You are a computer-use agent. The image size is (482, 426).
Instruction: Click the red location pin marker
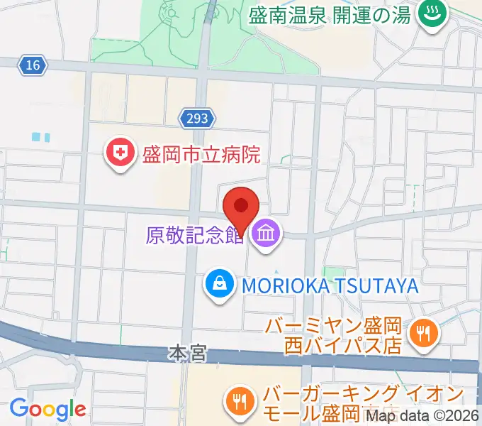coord(241,207)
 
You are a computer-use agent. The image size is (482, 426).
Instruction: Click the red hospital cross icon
coord(121,154)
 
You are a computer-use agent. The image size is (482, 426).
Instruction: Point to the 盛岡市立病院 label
coord(201,154)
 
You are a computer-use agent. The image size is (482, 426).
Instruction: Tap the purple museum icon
coord(267,232)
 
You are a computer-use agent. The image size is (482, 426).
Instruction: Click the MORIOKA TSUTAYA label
coord(329,285)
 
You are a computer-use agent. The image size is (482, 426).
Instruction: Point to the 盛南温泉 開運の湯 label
coord(330,15)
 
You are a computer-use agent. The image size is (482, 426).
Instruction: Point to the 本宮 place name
coord(188,352)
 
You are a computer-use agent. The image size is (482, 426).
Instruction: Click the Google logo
coord(47,409)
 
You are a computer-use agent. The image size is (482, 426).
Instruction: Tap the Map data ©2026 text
coord(434,417)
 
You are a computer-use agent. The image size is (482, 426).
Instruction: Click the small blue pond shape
coord(42,136)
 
